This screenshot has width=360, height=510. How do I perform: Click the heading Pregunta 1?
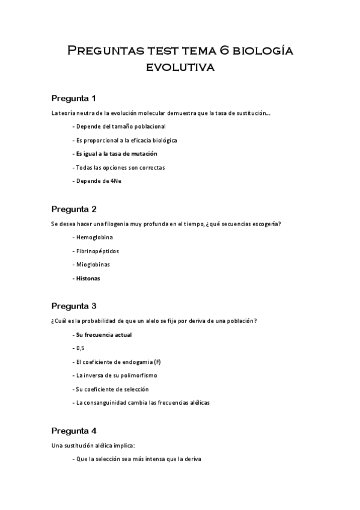tap(74, 98)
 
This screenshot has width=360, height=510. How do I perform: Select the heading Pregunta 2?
tap(74, 209)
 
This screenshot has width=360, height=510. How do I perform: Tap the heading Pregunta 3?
tap(74, 306)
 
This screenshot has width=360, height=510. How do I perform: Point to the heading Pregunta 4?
tap(74, 431)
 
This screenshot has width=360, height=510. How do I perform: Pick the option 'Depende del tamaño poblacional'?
tap(118, 126)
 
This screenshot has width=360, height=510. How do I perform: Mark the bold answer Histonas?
tap(88, 278)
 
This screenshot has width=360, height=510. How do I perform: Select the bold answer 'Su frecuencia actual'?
tap(102, 334)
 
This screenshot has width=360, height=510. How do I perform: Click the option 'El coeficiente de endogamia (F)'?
tap(119, 361)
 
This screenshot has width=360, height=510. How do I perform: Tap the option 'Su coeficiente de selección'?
tap(113, 389)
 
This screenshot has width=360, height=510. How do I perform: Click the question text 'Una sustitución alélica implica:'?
tap(93, 446)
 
